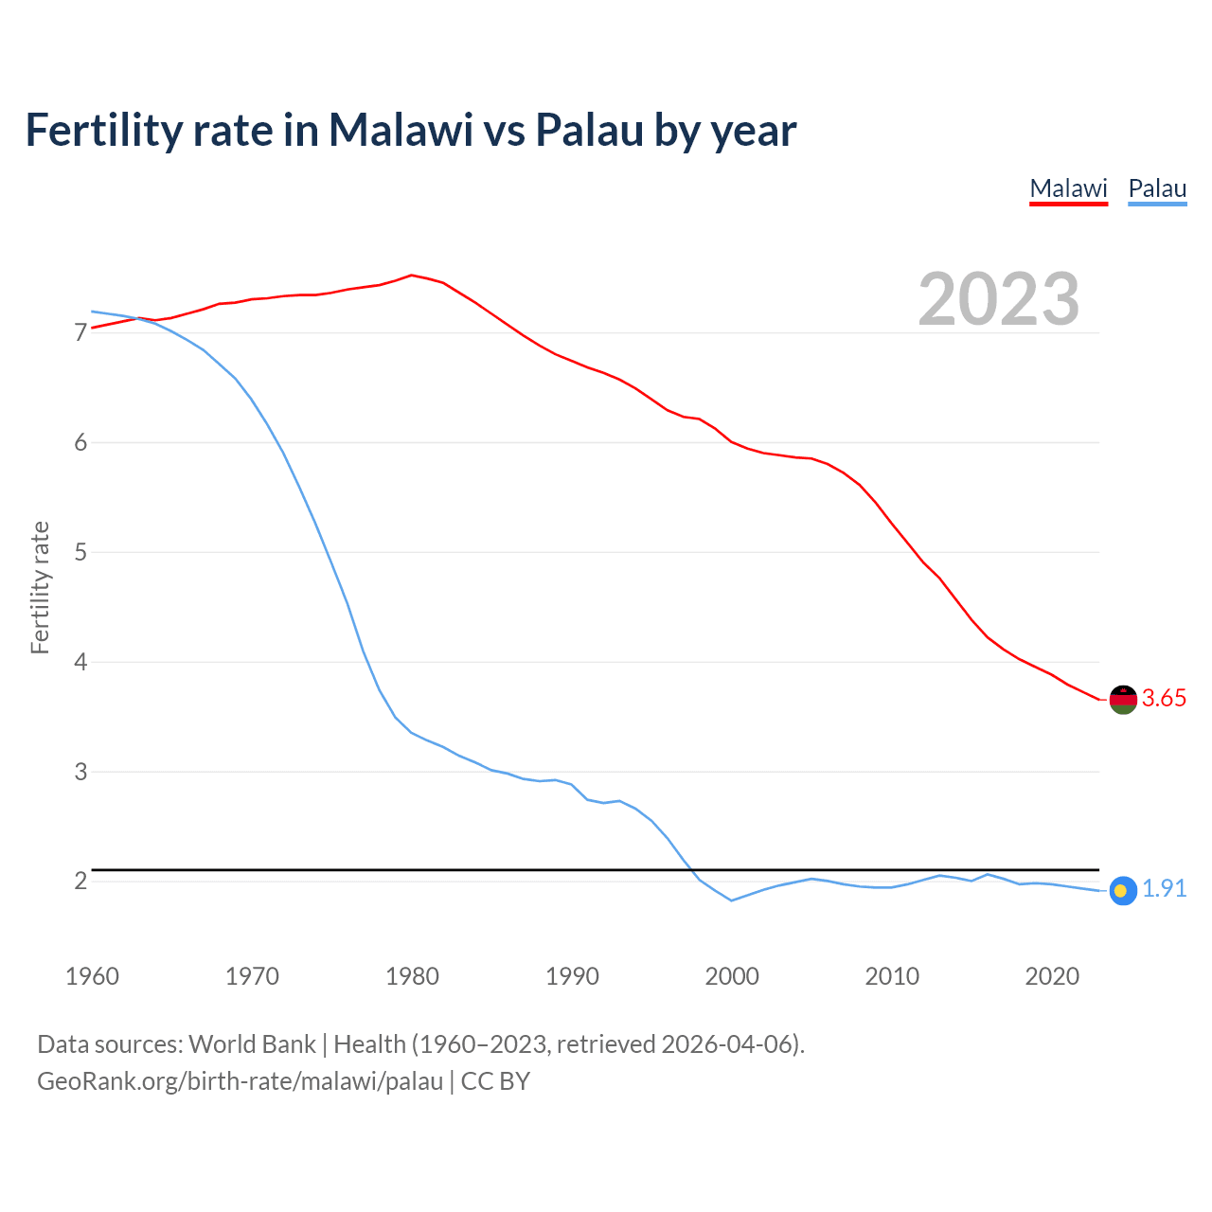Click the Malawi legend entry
[1068, 188]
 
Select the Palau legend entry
[1157, 188]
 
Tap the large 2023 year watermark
[999, 299]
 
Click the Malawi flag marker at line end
[1123, 699]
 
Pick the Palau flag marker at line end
[1123, 890]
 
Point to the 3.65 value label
[1164, 699]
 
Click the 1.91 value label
[1164, 889]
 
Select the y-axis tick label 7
[80, 333]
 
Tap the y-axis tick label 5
[80, 552]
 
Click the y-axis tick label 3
[80, 772]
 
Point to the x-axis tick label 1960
[92, 976]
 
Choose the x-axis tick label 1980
[412, 976]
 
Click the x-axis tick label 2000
[732, 976]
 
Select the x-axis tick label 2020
[1052, 976]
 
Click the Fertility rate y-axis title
[40, 587]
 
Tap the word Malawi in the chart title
[401, 130]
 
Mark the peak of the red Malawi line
[411, 275]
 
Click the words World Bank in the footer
[252, 1044]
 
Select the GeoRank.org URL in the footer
[240, 1081]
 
